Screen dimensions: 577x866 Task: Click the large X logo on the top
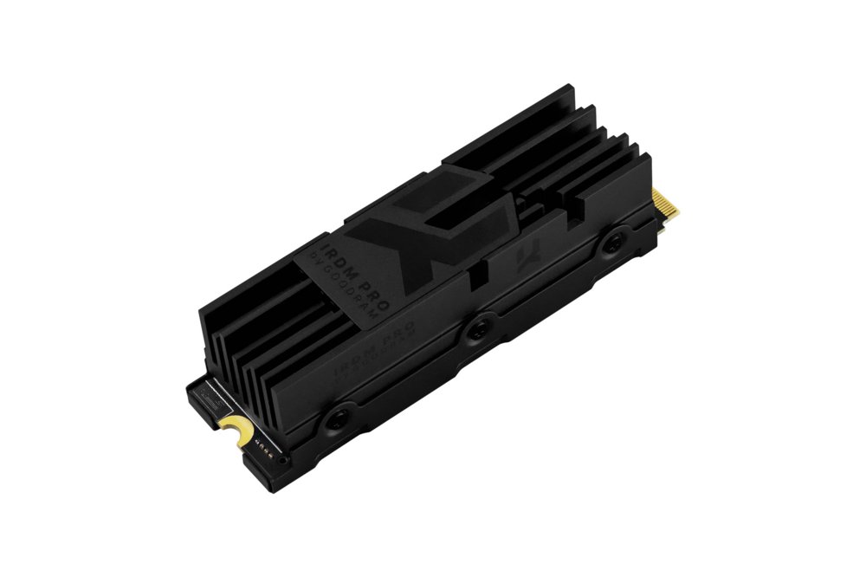(x=393, y=227)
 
